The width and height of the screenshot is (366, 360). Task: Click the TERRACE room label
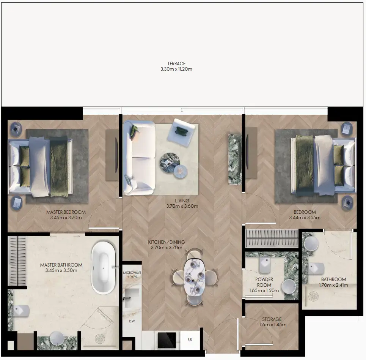pyautogui.click(x=176, y=64)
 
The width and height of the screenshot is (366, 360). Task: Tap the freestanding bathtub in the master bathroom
pyautogui.click(x=104, y=267)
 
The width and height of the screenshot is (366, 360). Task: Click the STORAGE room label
pyautogui.click(x=272, y=319)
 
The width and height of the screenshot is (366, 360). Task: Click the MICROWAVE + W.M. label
pyautogui.click(x=132, y=275)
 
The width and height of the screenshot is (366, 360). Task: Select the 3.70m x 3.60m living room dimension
pyautogui.click(x=182, y=206)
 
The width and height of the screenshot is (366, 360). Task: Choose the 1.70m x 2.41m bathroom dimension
pyautogui.click(x=333, y=285)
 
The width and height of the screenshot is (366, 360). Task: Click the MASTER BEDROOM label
pyautogui.click(x=66, y=212)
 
